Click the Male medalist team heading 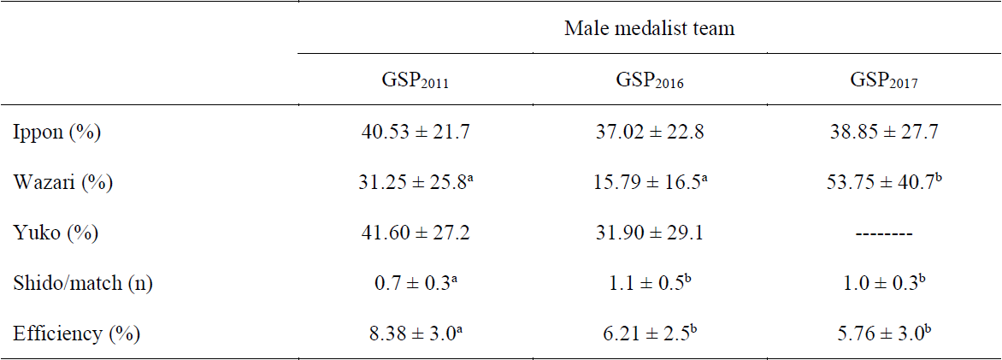click(649, 28)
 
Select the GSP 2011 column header click(414, 83)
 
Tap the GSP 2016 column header click(649, 83)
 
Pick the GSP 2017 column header click(884, 83)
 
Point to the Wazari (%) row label click(62, 182)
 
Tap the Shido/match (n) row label click(83, 283)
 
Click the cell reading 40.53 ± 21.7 click(414, 132)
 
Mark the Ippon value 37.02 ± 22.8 click(649, 132)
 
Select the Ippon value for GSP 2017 click(884, 132)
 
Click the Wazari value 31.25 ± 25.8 click(414, 182)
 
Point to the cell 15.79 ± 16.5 click(649, 182)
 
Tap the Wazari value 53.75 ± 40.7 click(884, 182)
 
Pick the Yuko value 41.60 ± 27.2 click(414, 233)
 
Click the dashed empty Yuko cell click(884, 233)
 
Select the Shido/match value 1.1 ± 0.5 click(649, 283)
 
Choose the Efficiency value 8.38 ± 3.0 click(414, 333)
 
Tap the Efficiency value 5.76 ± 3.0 click(884, 333)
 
